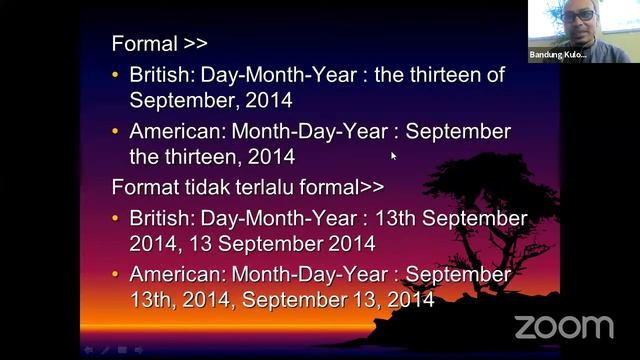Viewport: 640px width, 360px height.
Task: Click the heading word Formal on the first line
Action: (x=143, y=44)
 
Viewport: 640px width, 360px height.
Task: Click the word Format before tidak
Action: (x=144, y=187)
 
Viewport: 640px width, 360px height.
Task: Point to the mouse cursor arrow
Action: (x=393, y=155)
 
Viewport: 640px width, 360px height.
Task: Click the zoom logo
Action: (x=563, y=327)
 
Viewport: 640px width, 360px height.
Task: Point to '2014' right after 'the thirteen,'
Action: (x=271, y=157)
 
